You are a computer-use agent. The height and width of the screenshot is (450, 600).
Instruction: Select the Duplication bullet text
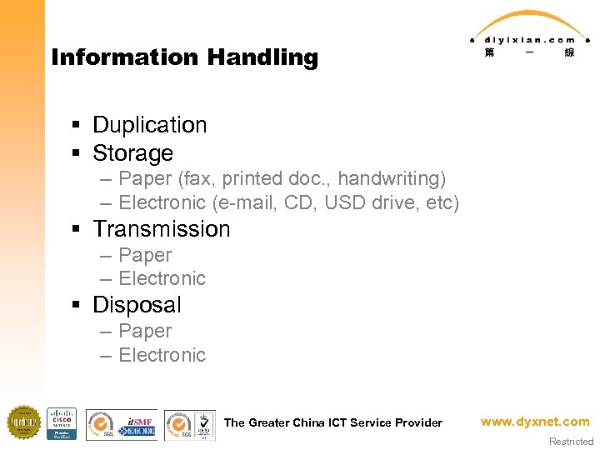click(x=149, y=125)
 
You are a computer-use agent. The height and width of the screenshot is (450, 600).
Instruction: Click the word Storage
click(x=132, y=153)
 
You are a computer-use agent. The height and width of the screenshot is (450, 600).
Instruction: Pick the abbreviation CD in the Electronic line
click(x=299, y=202)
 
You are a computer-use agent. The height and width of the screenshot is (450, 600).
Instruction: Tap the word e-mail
click(x=245, y=202)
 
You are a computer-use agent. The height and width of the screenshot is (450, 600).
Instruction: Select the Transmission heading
click(x=161, y=229)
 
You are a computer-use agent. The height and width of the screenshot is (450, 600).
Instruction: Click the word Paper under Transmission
click(x=145, y=255)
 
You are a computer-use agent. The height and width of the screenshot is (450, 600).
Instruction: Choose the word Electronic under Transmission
click(x=162, y=278)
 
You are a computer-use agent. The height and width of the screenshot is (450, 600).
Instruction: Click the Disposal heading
click(x=137, y=305)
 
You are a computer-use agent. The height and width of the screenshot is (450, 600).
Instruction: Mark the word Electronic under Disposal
click(x=162, y=355)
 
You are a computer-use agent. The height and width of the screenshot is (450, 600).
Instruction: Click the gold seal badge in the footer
click(x=23, y=422)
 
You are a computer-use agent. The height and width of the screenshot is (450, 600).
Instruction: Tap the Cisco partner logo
click(x=62, y=423)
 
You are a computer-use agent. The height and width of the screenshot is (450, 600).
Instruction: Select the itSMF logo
click(x=137, y=423)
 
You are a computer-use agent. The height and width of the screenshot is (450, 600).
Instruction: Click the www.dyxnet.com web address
click(x=535, y=422)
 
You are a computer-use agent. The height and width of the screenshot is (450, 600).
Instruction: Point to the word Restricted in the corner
click(x=571, y=442)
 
